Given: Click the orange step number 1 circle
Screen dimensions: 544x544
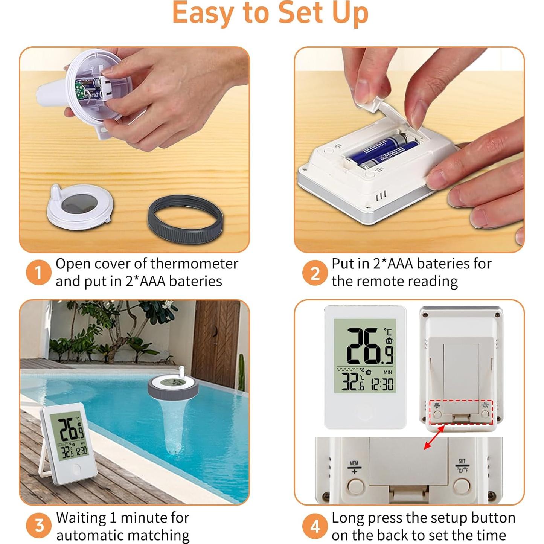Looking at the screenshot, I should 38,272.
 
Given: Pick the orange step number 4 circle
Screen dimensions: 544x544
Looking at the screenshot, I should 315,526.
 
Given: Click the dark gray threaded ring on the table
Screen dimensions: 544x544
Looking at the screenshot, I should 186,219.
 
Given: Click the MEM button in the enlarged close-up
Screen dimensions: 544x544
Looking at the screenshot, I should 356,486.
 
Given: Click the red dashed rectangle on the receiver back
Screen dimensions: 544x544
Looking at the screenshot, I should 461,412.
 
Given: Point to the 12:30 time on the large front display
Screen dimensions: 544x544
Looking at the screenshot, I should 382,384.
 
